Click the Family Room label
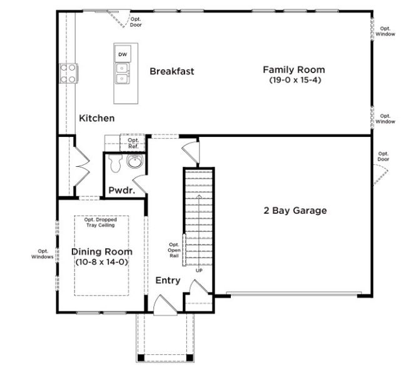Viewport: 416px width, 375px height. click(293, 70)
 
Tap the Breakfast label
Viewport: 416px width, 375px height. click(171, 71)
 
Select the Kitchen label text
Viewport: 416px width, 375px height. click(96, 118)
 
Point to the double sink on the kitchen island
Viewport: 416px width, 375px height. click(123, 73)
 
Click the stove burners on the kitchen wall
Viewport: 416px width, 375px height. click(68, 73)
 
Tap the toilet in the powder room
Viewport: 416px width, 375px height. click(114, 164)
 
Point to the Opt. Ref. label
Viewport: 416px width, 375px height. click(133, 143)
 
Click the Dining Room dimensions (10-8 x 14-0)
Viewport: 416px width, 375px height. click(101, 262)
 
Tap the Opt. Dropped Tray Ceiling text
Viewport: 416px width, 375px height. click(102, 222)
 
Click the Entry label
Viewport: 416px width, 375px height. click(168, 281)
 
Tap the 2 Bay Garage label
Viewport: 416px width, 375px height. click(295, 211)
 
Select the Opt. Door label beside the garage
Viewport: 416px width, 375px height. click(383, 156)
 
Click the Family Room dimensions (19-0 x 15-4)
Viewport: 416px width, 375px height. click(293, 81)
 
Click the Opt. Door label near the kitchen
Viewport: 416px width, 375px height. click(136, 22)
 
